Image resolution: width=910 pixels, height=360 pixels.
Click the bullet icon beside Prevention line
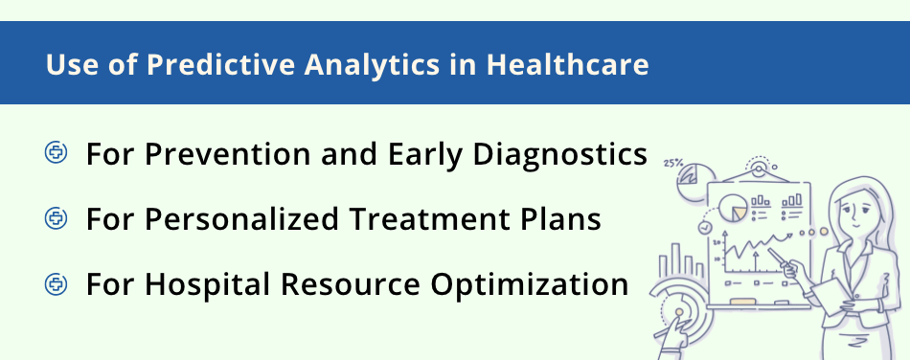coord(57,153)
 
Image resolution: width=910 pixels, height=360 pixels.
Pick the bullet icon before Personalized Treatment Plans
coord(57,219)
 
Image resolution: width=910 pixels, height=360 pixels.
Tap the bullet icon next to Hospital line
coord(57,284)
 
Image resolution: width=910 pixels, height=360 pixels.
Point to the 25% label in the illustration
coord(672,163)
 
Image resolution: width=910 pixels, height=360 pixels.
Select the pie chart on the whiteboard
coord(733,204)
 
